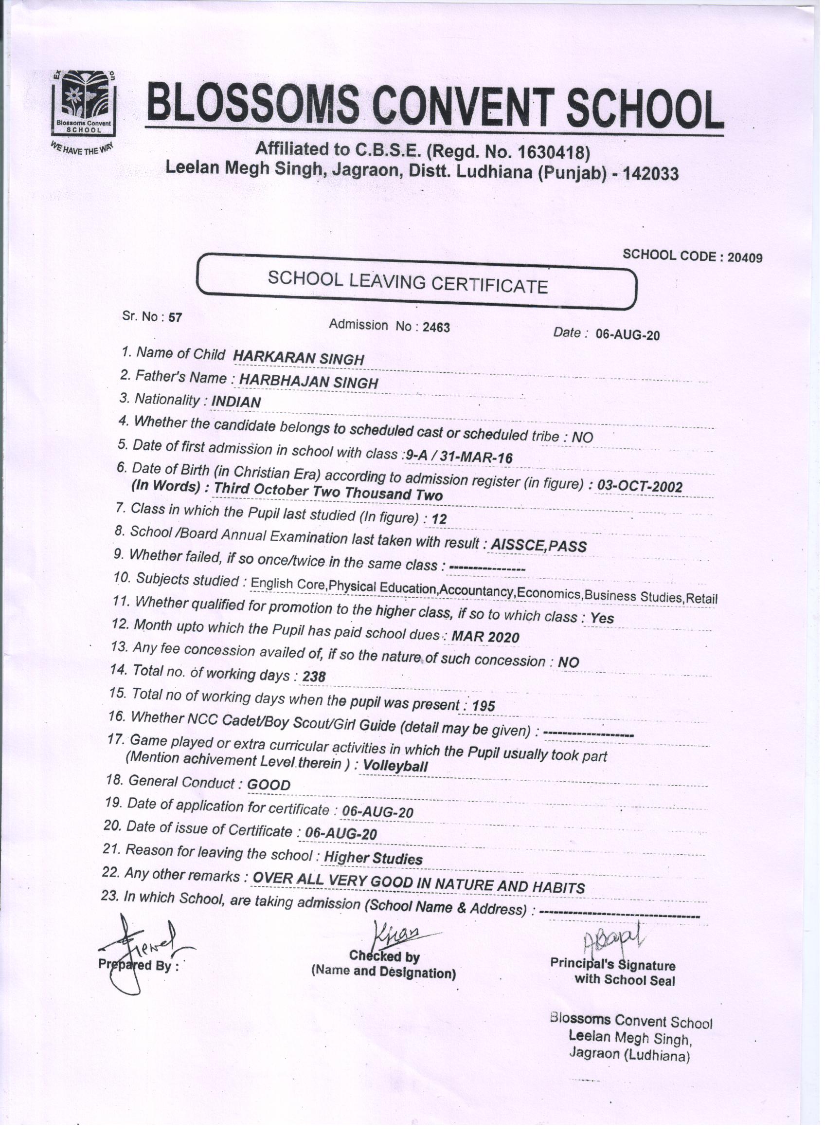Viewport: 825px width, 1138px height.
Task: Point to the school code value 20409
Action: (x=745, y=257)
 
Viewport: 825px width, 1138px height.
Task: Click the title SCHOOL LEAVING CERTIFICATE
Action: (x=407, y=282)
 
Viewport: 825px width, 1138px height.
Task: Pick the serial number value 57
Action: (x=175, y=318)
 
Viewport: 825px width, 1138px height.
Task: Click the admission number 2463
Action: (x=436, y=327)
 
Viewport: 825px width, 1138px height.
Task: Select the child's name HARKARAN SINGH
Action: (x=298, y=358)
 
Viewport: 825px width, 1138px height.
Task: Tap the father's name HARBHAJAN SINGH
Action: (x=308, y=382)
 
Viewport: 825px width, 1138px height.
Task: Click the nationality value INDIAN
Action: (x=236, y=402)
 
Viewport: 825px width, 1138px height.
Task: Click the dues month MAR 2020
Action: (x=485, y=637)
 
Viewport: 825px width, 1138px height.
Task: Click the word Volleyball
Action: (x=395, y=766)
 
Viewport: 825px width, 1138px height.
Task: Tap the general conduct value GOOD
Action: (x=269, y=785)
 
